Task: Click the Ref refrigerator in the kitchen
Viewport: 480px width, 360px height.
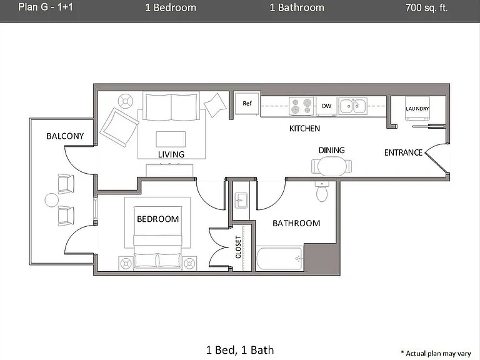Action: click(x=247, y=104)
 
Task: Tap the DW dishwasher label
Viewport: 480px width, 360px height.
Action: click(x=327, y=106)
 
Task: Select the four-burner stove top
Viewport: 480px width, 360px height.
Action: click(x=301, y=106)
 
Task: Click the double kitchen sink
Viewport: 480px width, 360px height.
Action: click(x=352, y=106)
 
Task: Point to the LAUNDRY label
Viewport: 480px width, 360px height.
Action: click(x=417, y=109)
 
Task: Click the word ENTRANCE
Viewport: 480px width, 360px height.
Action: click(x=403, y=152)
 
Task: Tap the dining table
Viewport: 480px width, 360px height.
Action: click(x=332, y=166)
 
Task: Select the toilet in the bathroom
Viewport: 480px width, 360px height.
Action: click(x=322, y=192)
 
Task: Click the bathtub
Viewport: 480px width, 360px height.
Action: click(x=280, y=259)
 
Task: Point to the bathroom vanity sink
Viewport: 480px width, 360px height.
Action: click(x=241, y=201)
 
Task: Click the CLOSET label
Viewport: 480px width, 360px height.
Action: click(x=238, y=247)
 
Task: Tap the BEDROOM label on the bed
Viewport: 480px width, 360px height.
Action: click(x=158, y=219)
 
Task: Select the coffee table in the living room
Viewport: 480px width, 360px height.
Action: click(x=171, y=139)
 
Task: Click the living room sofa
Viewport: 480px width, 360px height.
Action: click(x=171, y=106)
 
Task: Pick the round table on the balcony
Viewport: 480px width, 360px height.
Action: click(x=51, y=200)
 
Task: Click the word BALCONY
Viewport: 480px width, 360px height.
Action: click(x=65, y=136)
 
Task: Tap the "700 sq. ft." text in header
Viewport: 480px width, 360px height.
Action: click(x=426, y=7)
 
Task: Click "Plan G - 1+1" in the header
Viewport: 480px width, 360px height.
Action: click(x=46, y=7)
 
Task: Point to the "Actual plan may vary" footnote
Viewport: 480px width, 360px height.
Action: click(x=436, y=353)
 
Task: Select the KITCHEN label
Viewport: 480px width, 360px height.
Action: click(x=304, y=129)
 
